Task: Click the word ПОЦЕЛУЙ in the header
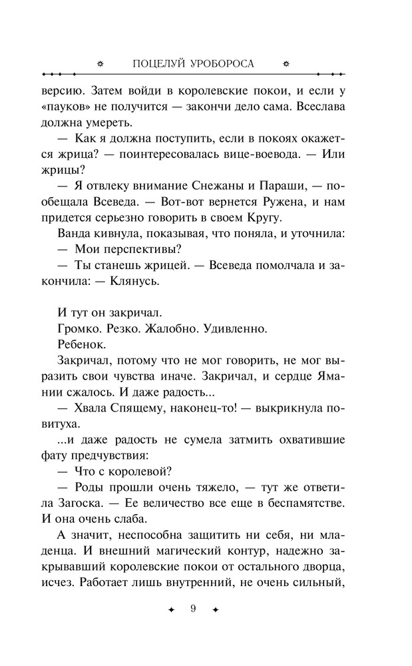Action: (159, 64)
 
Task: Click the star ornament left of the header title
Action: (101, 64)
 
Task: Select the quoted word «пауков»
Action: (67, 107)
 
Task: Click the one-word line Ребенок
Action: (83, 344)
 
